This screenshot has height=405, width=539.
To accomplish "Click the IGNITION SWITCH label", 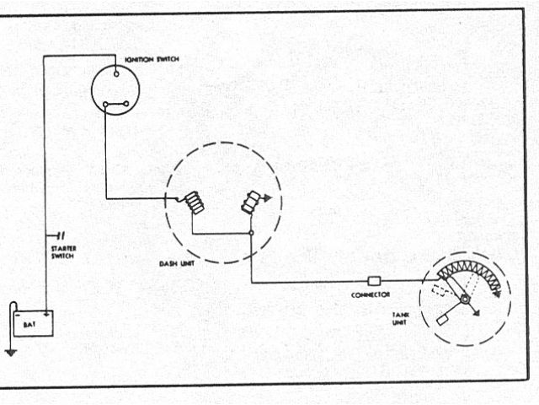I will (x=152, y=59).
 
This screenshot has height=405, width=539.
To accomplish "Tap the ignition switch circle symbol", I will (x=115, y=88).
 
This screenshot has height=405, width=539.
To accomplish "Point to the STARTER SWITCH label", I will (x=62, y=251).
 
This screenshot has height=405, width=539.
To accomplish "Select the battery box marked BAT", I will (x=33, y=323).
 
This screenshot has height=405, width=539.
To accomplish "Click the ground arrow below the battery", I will (x=9, y=352).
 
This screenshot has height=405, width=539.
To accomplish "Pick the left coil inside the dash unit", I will (x=195, y=203).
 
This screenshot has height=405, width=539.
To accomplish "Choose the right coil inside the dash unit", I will (x=252, y=202).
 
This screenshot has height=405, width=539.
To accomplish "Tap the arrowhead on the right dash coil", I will (x=267, y=199).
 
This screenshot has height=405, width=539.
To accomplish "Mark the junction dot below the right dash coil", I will (x=251, y=233).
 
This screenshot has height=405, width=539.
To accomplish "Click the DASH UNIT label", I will (x=174, y=263).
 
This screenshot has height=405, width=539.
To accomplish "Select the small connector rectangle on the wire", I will (x=376, y=280).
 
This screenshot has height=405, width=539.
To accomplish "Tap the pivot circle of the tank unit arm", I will (x=465, y=300).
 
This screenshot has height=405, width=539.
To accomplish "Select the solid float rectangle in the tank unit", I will (x=443, y=321).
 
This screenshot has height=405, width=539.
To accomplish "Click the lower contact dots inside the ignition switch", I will (x=115, y=105).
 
